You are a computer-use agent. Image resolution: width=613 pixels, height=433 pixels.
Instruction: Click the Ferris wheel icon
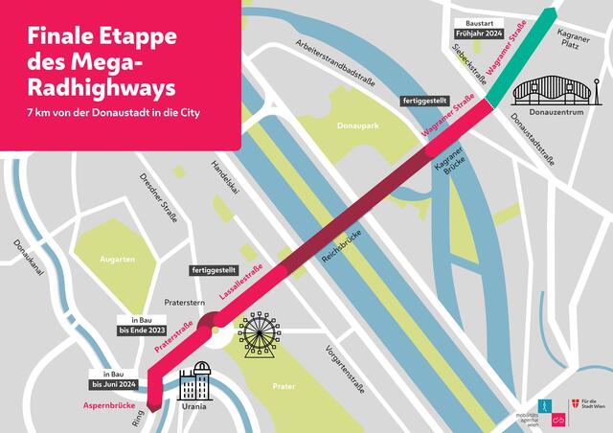(260, 332)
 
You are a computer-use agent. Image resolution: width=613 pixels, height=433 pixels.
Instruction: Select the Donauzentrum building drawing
(550, 90)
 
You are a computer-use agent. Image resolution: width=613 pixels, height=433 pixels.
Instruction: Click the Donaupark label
(358, 125)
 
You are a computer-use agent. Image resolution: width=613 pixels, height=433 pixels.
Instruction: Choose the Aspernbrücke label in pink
(106, 406)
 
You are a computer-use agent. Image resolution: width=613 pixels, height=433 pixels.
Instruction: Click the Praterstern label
(187, 300)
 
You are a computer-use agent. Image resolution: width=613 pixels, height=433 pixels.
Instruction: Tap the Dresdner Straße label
(159, 196)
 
